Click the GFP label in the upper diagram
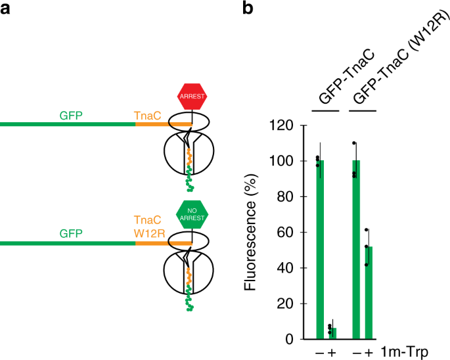coord(71,116)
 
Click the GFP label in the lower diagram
coord(71,233)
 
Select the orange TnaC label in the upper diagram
coord(146,116)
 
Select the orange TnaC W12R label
coord(146,227)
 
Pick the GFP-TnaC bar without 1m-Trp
coord(320,250)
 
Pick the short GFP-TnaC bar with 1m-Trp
coord(332,333)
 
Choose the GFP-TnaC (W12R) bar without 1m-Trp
coord(355,250)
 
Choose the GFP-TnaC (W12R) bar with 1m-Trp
coord(368,293)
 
